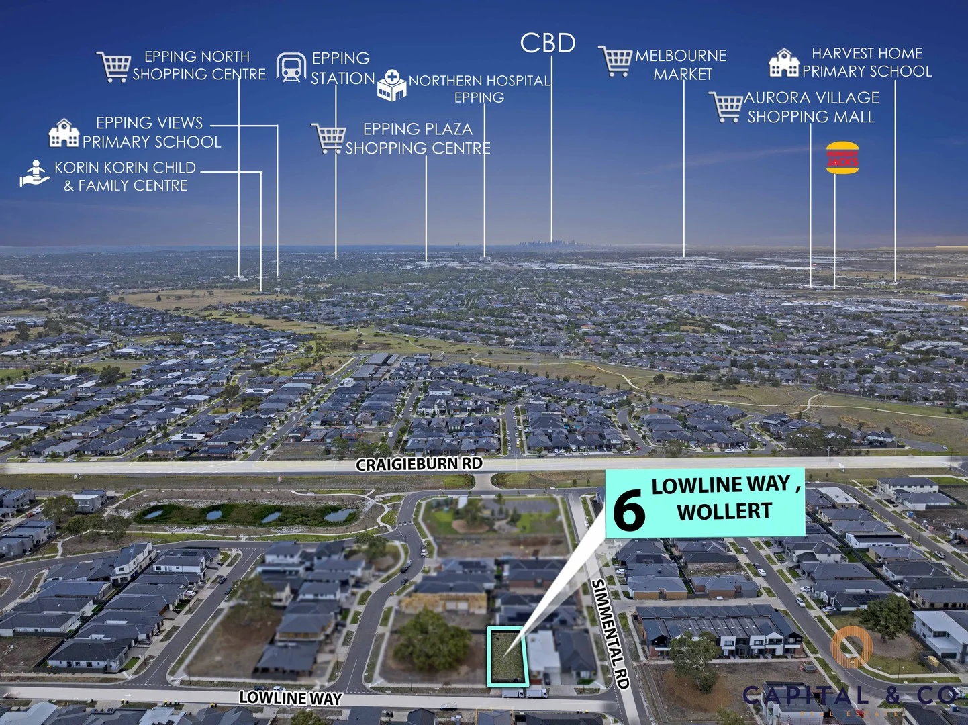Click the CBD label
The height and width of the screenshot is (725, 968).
[x=548, y=44]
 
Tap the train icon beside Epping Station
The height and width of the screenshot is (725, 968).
[x=291, y=67]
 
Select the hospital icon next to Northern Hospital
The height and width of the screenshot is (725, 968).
[x=391, y=85]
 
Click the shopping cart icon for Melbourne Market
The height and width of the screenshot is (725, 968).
[x=616, y=61]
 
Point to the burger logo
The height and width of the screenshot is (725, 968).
[x=842, y=158]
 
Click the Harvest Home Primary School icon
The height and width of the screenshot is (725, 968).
[x=783, y=63]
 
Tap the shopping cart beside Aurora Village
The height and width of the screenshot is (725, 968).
[x=726, y=107]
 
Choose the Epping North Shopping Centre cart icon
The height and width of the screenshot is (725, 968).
[x=113, y=66]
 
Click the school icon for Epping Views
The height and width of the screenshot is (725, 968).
[x=64, y=133]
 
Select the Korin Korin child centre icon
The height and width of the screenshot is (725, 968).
[x=34, y=173]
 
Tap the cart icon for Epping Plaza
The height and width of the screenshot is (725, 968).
[x=328, y=138]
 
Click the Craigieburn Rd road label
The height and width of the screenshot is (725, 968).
[x=419, y=464]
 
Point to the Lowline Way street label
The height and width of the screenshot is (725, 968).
[x=290, y=698]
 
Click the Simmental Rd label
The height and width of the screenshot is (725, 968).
[x=610, y=634]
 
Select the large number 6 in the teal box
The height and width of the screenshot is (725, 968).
[x=629, y=510]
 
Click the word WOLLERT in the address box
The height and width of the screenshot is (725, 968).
[x=724, y=512]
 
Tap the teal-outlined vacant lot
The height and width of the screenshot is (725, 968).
[x=505, y=656]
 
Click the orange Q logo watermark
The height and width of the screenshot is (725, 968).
[x=851, y=646]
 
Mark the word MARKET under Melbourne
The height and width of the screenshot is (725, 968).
[x=683, y=75]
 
